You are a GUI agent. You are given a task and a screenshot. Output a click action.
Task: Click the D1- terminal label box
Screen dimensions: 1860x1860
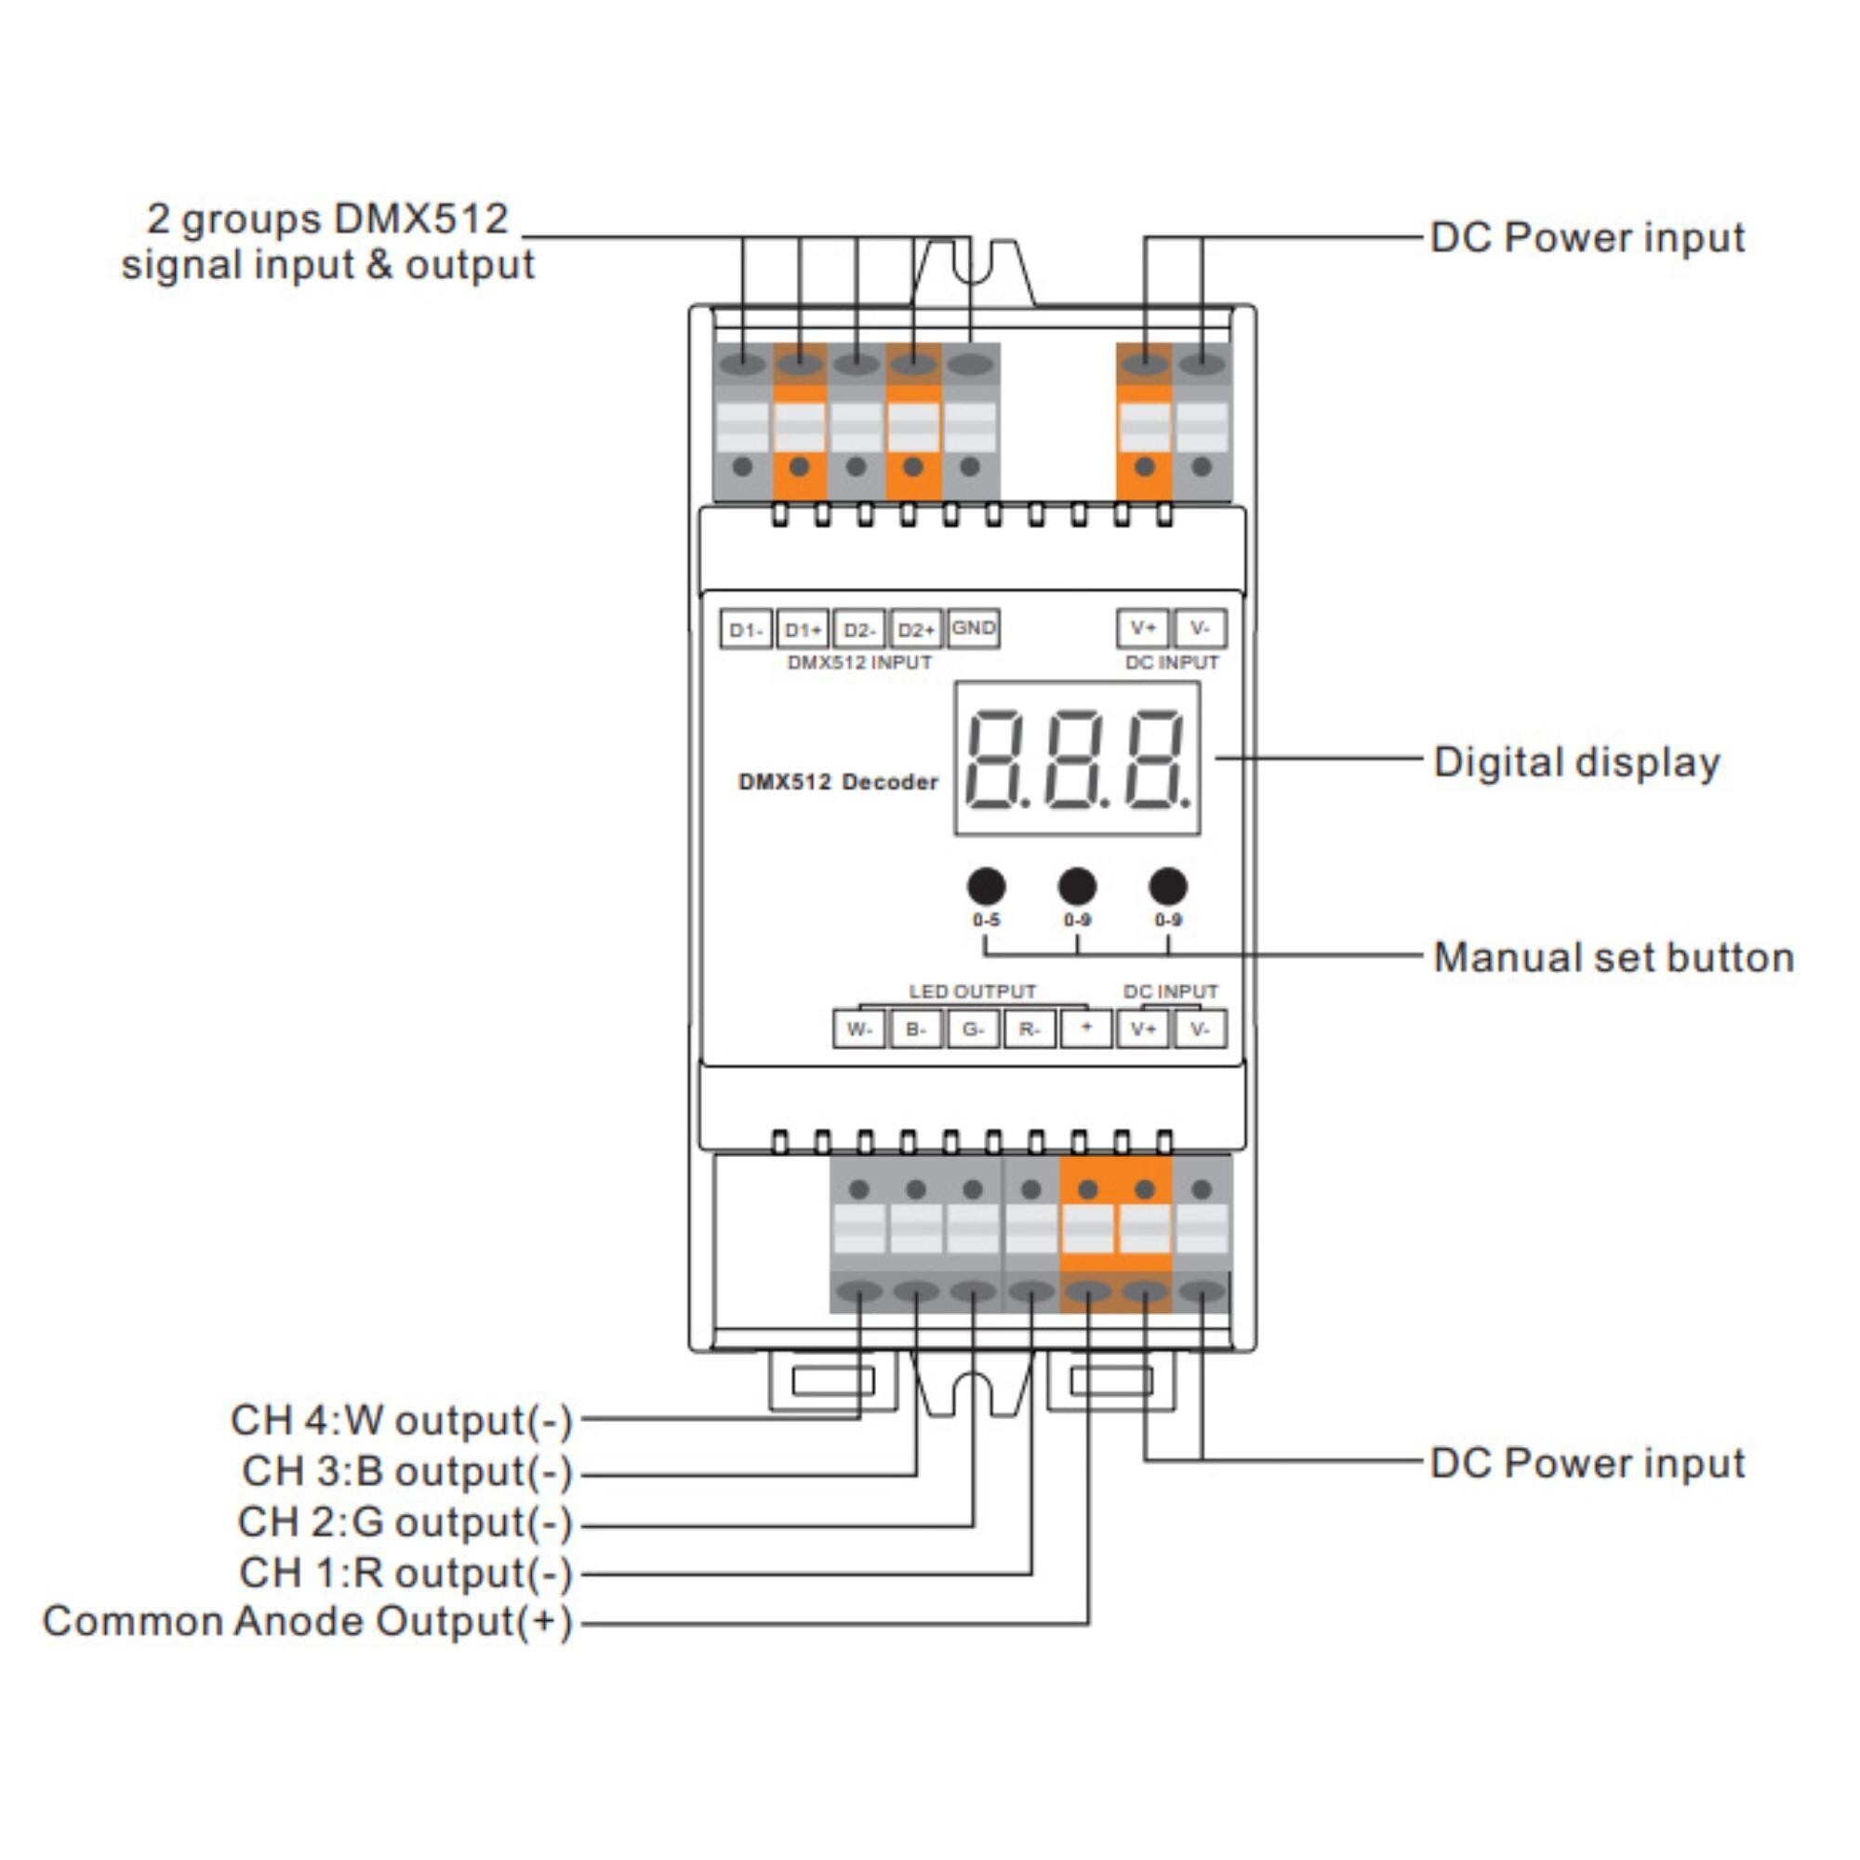tap(745, 630)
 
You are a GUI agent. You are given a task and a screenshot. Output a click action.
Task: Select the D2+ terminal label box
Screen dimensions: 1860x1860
tap(915, 630)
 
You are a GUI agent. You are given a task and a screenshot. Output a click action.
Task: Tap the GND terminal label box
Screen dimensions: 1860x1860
tap(973, 629)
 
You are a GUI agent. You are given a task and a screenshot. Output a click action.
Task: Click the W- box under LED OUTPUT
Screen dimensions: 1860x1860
tap(858, 1030)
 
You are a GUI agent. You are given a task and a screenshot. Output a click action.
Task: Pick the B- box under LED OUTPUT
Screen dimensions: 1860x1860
tap(915, 1030)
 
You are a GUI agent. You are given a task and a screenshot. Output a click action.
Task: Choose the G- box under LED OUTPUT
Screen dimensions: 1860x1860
tap(973, 1030)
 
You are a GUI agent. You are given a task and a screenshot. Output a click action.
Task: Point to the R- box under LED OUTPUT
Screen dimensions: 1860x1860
tap(1030, 1030)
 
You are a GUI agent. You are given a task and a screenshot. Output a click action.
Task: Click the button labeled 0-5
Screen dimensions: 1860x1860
tap(986, 885)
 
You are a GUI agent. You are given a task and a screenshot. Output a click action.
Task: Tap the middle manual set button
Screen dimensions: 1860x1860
tap(1076, 885)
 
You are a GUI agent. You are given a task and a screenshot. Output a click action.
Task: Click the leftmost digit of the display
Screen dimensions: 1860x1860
tap(994, 759)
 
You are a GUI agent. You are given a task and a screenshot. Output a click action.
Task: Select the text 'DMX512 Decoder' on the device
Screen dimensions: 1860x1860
tap(838, 782)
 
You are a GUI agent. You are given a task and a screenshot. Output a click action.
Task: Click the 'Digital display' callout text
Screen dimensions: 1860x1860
tap(1576, 763)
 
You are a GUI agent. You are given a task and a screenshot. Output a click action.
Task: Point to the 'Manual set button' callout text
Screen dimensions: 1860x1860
tap(1614, 958)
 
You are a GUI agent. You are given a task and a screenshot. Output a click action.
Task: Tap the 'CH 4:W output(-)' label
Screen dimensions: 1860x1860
tap(402, 1420)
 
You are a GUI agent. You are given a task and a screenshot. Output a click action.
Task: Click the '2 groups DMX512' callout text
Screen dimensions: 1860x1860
tap(327, 219)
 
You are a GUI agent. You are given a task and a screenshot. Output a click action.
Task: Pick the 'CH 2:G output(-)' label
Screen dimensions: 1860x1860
tap(405, 1522)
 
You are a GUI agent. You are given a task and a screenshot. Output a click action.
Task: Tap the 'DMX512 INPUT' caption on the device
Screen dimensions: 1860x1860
tap(858, 662)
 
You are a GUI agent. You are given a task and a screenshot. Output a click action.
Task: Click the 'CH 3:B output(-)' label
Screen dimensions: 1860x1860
tap(407, 1471)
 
